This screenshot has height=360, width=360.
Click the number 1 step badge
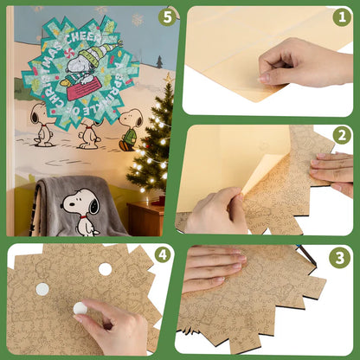pyautogui.click(x=341, y=16)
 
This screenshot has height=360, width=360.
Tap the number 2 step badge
pyautogui.click(x=341, y=135)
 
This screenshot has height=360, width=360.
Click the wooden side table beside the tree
pyautogui.click(x=145, y=220)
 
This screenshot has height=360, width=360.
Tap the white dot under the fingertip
pyautogui.click(x=80, y=307)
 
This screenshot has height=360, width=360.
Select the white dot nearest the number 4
pyautogui.click(x=106, y=269)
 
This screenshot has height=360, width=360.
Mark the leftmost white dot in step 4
pyautogui.click(x=42, y=289)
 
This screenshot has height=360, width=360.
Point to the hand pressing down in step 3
pyautogui.click(x=213, y=268)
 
